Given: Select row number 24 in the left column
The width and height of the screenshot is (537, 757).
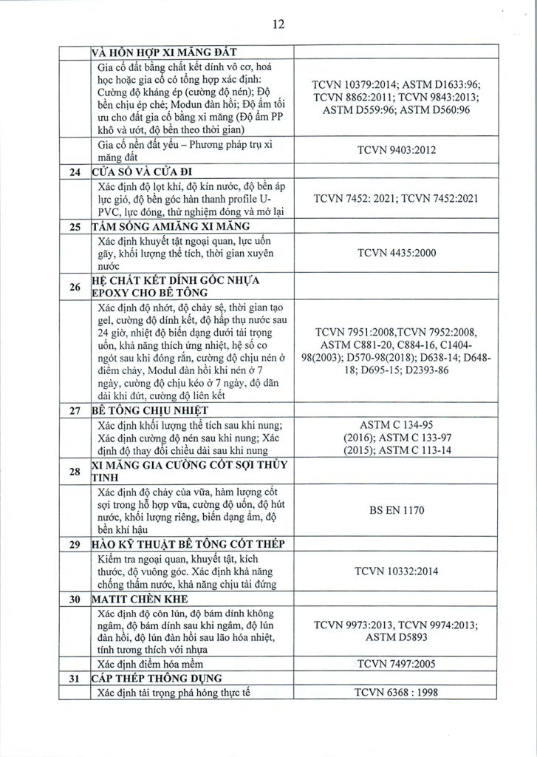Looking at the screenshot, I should click(x=72, y=174).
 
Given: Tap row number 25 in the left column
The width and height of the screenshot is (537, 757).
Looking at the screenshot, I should click(x=72, y=225).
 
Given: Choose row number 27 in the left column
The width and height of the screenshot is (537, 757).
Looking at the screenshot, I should click(x=72, y=411).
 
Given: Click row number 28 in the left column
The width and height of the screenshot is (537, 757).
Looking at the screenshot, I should click(x=72, y=471).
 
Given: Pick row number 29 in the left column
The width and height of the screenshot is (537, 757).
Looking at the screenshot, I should click(x=72, y=545).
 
